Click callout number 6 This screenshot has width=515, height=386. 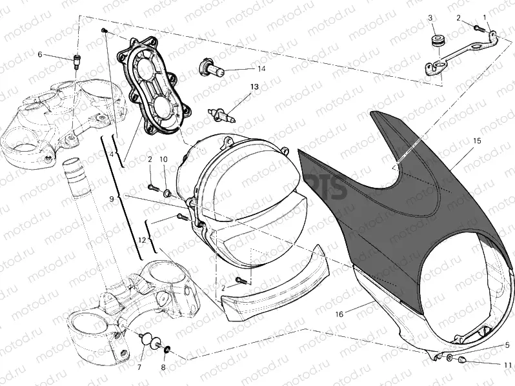(40, 55)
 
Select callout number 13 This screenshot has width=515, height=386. (254, 86)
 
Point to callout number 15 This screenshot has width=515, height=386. (477, 140)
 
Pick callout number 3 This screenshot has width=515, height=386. (431, 18)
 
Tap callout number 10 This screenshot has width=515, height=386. (163, 158)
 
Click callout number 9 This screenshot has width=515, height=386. (112, 199)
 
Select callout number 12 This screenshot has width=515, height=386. (141, 239)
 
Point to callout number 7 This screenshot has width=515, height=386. (138, 367)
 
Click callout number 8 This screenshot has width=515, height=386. (163, 367)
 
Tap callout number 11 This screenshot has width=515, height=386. (507, 365)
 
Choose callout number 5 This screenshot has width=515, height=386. (507, 345)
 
